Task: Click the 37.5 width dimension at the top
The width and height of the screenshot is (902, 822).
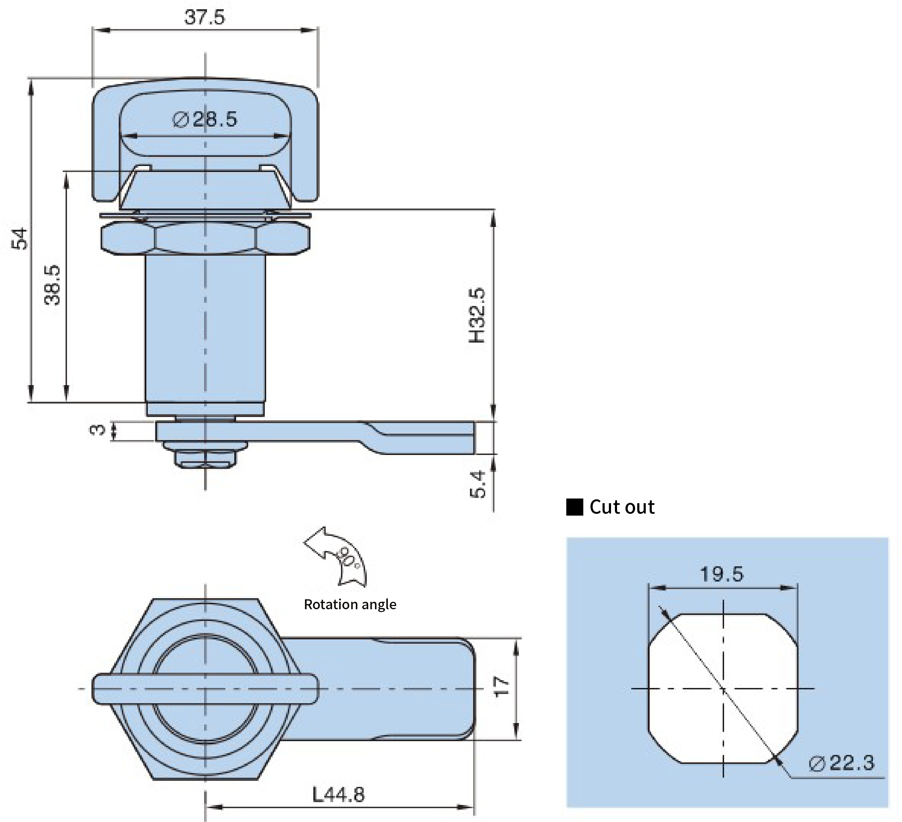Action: (x=205, y=17)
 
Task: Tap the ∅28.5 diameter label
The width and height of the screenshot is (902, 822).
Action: (x=205, y=120)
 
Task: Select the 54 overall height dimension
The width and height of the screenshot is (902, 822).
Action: (x=20, y=239)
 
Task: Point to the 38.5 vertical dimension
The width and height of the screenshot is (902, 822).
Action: (x=52, y=285)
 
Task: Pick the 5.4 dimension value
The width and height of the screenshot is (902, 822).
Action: (x=478, y=484)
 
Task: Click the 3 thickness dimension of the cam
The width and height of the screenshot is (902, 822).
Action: (x=97, y=430)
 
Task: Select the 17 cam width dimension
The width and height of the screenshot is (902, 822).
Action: (x=501, y=686)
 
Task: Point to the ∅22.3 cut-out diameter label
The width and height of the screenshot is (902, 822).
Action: (x=841, y=763)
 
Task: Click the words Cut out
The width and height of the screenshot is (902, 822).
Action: (x=622, y=507)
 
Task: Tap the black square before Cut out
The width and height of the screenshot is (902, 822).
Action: (x=575, y=507)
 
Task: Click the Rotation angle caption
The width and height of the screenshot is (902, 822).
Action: (x=350, y=604)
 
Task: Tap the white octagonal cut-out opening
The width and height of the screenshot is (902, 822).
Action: (x=723, y=688)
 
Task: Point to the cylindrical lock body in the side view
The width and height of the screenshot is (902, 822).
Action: (x=205, y=329)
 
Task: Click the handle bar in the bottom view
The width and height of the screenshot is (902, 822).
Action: (x=205, y=688)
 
